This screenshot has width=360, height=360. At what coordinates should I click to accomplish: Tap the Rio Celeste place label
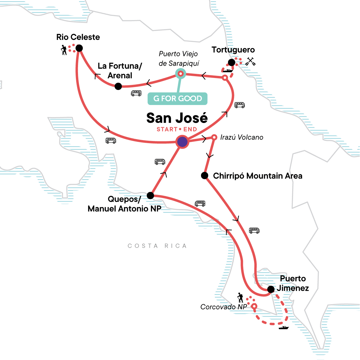tap(78, 37)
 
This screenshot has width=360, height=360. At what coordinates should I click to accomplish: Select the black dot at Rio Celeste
tap(79, 48)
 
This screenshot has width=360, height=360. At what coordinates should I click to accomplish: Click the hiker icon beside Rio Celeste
tap(64, 50)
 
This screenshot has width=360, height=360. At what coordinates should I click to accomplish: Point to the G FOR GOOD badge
tap(178, 99)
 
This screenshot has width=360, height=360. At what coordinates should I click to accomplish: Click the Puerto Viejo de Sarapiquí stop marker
tap(181, 73)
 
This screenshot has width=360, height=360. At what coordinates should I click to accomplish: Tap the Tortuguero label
tap(233, 50)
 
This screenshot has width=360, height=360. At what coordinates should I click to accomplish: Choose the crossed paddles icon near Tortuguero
tap(250, 61)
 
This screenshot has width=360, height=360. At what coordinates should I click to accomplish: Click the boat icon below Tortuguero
tap(228, 71)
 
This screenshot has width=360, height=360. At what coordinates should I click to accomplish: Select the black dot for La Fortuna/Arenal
tap(118, 86)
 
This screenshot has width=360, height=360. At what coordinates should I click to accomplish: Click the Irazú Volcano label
tap(241, 137)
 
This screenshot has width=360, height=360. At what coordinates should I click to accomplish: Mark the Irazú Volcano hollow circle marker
tap(214, 137)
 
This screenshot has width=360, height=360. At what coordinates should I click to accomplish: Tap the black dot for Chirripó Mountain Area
tap(205, 175)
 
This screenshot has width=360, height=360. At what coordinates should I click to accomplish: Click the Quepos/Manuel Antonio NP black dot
tap(150, 196)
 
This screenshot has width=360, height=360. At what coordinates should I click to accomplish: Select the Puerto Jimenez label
tap(292, 283)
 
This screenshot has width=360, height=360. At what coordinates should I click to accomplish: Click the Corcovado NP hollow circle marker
tap(254, 306)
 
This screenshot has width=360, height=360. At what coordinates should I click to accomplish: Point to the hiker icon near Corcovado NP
tap(240, 298)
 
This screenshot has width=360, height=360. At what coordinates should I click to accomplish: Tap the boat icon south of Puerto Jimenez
tap(283, 328)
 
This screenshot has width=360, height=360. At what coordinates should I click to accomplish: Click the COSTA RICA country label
tap(157, 246)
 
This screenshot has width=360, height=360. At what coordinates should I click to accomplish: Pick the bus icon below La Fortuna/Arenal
tap(136, 93)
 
